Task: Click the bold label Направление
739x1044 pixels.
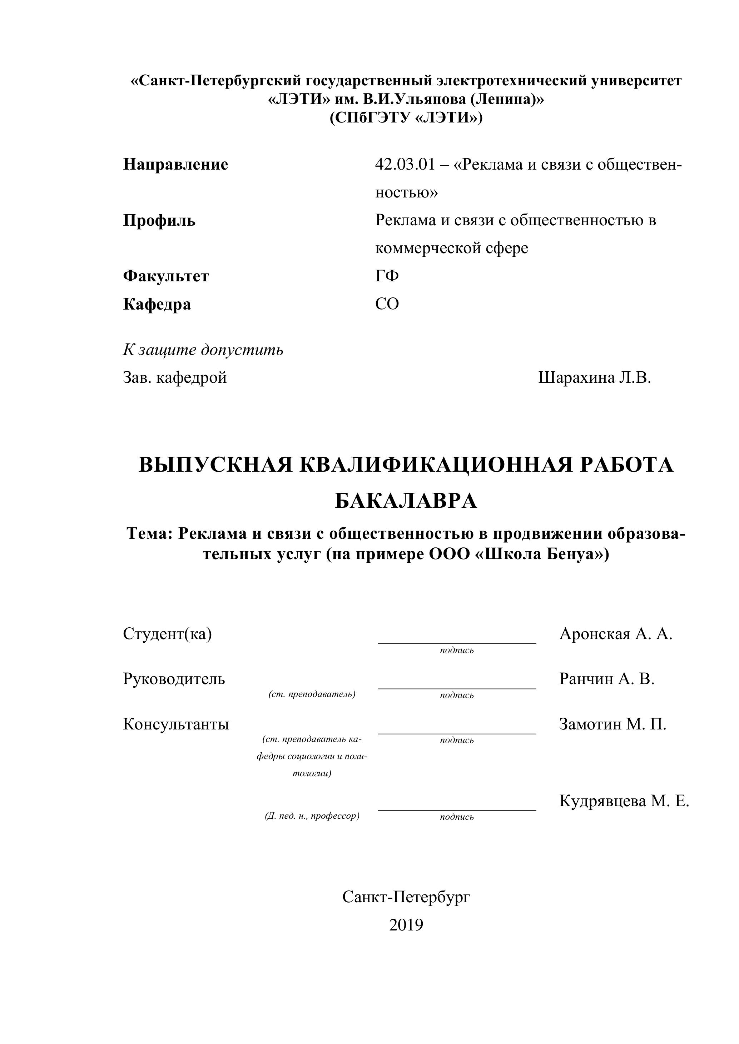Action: [x=176, y=164]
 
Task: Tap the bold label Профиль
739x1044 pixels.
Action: [x=159, y=221]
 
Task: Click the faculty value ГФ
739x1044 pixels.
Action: [x=387, y=276]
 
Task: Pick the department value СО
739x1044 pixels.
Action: [x=387, y=304]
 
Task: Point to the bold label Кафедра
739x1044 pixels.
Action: [x=157, y=304]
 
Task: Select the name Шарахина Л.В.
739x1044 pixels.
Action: [x=594, y=377]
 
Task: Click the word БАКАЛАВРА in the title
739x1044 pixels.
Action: [x=406, y=501]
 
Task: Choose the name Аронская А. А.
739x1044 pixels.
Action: [x=616, y=634]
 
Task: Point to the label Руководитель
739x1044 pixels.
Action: [x=174, y=679]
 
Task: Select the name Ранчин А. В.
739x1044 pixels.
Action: [x=606, y=679]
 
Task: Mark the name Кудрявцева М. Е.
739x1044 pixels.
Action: [x=624, y=801]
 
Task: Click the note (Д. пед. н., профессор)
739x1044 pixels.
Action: [x=312, y=816]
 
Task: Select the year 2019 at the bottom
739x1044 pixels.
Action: [x=406, y=925]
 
